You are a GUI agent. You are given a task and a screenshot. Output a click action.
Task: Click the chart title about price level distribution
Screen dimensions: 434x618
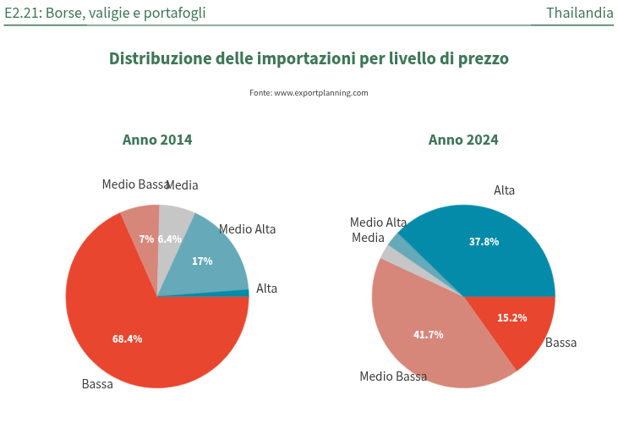click(309, 59)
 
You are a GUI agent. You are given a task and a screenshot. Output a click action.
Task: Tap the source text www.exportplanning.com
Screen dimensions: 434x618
click(309, 93)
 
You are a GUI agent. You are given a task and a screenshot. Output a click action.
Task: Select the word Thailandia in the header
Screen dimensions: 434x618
click(579, 13)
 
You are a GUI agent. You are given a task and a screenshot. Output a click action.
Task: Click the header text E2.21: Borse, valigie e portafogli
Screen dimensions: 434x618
click(105, 13)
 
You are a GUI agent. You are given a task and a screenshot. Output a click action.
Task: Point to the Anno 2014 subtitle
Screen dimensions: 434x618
click(157, 140)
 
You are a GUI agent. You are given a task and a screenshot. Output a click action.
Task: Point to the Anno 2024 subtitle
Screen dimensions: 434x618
click(463, 140)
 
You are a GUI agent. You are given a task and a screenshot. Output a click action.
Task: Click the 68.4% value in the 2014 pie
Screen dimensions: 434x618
click(127, 339)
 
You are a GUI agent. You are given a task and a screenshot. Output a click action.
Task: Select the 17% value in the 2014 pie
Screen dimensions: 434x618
click(202, 261)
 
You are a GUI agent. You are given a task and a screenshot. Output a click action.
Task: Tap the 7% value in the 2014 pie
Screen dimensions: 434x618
click(146, 239)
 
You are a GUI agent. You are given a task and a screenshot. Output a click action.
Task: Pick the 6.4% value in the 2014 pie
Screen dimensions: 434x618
click(170, 239)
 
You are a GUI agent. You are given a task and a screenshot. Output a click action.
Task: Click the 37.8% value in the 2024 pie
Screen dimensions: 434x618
click(484, 242)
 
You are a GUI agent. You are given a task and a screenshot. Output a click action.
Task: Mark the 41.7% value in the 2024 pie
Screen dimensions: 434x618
click(428, 335)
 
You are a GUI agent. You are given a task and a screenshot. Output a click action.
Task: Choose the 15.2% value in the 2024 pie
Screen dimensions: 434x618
click(511, 318)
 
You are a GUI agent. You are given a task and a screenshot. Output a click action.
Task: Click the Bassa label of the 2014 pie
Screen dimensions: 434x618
click(97, 384)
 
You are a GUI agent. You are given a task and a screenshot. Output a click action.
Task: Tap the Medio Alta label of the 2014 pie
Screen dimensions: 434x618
click(247, 229)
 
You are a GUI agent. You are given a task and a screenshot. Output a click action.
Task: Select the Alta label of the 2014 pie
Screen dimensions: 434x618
click(266, 288)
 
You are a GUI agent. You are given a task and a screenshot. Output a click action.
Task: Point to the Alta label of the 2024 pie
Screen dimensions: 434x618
click(504, 190)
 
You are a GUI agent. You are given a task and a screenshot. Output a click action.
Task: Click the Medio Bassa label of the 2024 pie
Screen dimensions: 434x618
click(393, 376)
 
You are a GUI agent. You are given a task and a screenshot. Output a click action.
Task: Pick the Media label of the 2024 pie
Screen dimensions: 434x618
click(368, 238)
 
